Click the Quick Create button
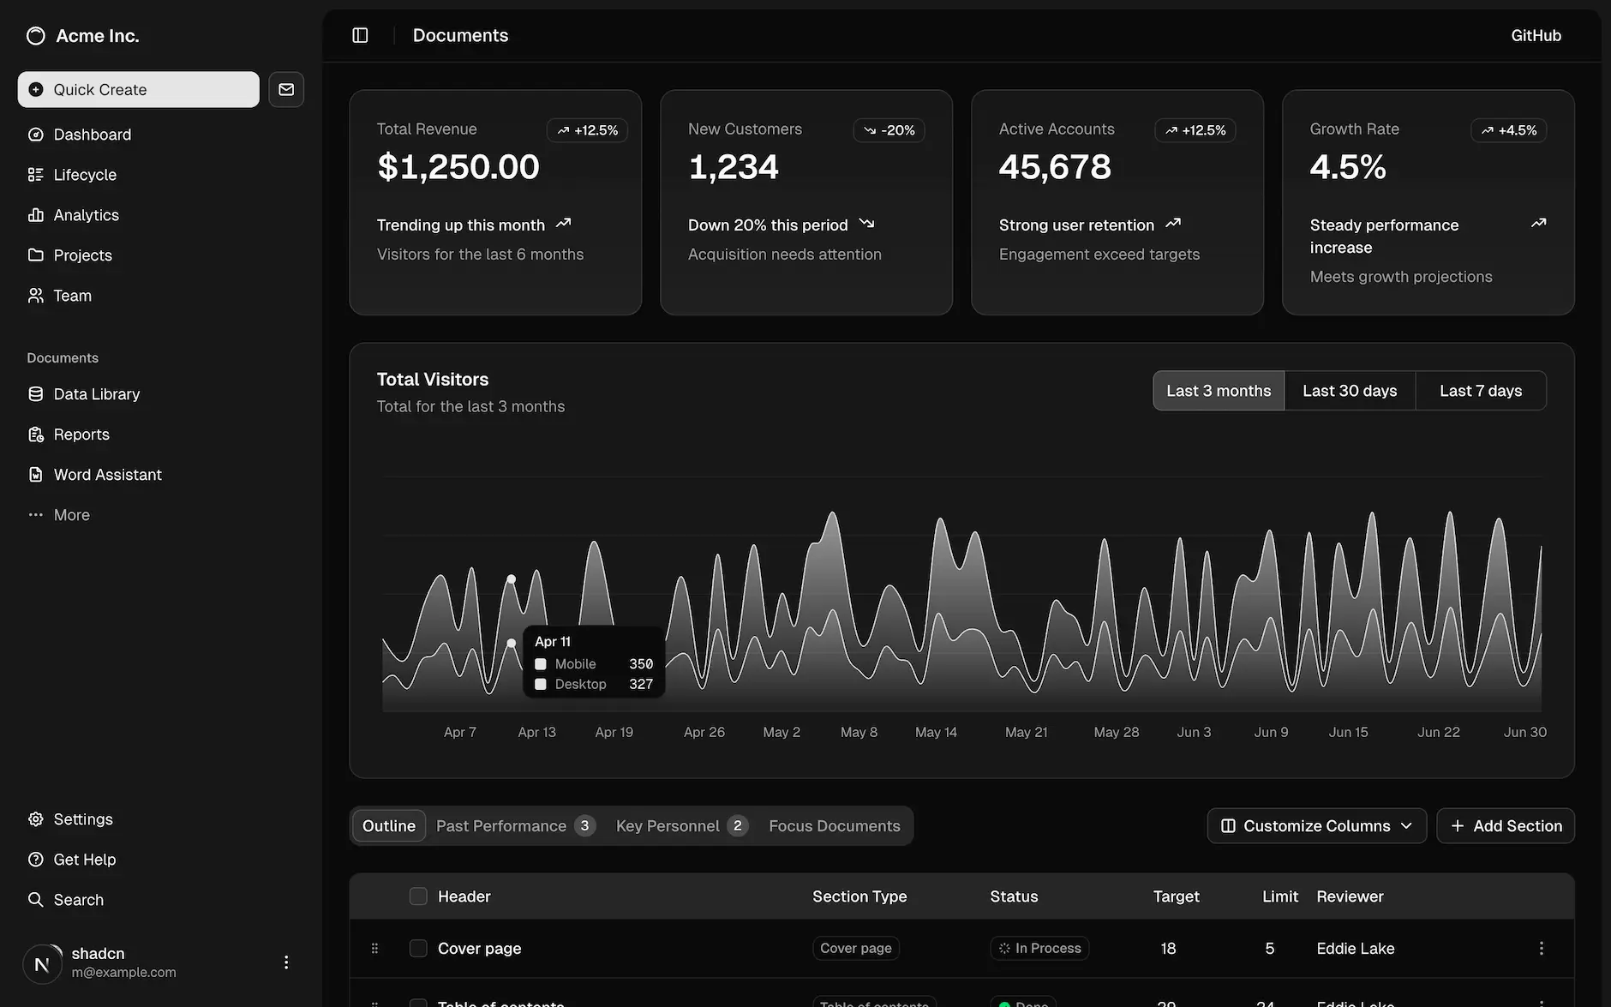click(138, 89)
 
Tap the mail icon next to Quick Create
click(286, 89)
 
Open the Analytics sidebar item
click(86, 215)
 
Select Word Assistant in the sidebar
click(107, 475)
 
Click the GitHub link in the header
click(1536, 35)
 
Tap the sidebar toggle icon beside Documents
click(360, 35)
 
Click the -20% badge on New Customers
click(889, 130)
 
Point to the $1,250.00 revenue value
click(458, 166)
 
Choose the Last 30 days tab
click(1350, 391)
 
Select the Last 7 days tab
click(1481, 391)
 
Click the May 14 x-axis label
click(936, 732)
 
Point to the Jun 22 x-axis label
click(1438, 732)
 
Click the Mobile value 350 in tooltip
click(640, 664)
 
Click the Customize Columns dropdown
click(1316, 826)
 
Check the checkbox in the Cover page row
click(418, 948)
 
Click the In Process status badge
click(1039, 948)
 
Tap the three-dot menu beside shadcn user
click(286, 962)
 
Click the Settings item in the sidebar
click(82, 819)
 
